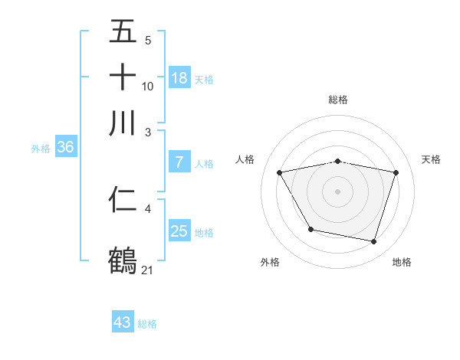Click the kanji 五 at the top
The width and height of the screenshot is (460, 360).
123,33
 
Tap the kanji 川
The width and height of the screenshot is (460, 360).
123,123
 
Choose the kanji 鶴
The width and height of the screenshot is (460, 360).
123,259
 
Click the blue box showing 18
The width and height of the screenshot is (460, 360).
179,77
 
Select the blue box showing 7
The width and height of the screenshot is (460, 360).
179,162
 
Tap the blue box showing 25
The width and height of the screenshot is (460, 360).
179,231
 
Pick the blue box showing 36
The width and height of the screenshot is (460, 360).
65,148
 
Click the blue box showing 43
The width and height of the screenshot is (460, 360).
123,323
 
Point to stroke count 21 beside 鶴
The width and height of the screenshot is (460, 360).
148,269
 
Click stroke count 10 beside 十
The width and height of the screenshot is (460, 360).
148,87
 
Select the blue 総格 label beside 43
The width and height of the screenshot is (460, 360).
147,324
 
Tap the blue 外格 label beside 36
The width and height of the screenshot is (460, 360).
40,149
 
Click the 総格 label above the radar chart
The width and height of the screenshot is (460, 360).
338,100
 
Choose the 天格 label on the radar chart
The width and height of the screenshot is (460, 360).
431,159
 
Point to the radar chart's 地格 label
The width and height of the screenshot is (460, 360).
402,263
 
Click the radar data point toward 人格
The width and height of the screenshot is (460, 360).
280,172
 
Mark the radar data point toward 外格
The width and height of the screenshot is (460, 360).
310,229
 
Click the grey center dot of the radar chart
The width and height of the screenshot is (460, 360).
338,191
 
